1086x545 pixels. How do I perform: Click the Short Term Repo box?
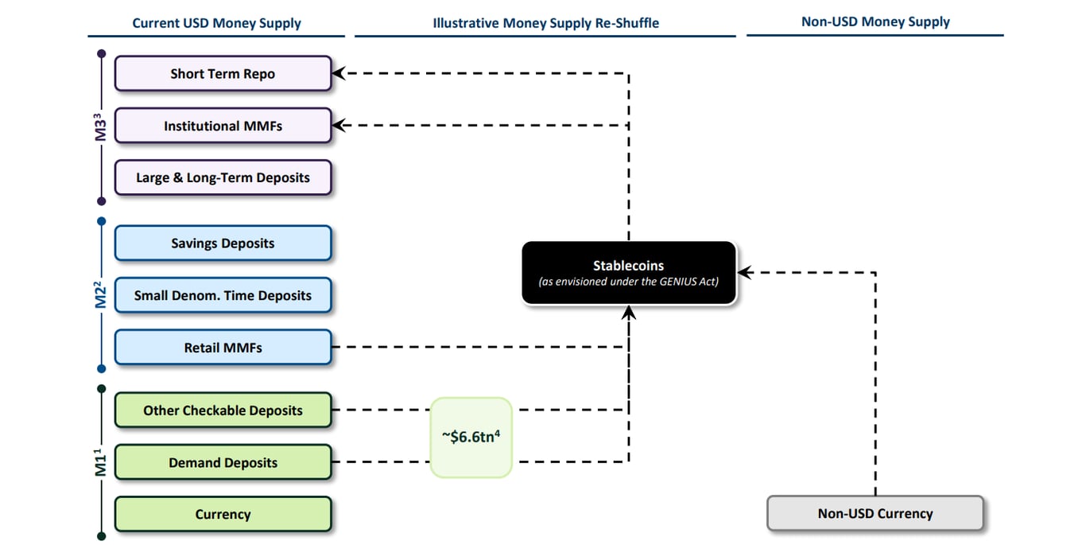tap(223, 74)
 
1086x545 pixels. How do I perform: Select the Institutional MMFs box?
tap(223, 126)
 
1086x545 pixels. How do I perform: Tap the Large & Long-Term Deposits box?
tap(223, 177)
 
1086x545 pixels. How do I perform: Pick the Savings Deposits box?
tap(223, 243)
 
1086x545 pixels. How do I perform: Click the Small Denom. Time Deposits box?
tap(223, 295)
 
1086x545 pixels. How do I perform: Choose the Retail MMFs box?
tap(223, 347)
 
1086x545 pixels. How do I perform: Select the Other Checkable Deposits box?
tap(223, 411)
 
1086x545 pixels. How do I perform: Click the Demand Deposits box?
tap(223, 462)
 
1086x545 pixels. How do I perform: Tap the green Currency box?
tap(223, 514)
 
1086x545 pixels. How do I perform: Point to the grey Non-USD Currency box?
tap(875, 513)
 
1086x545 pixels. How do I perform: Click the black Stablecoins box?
tap(628, 273)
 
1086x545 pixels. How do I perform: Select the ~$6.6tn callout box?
tap(471, 437)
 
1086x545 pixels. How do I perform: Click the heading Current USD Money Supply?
tap(216, 23)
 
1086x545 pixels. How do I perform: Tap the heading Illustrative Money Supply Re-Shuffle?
tap(545, 23)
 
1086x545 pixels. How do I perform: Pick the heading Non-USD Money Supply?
tap(875, 22)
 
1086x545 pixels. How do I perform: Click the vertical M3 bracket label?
tap(101, 127)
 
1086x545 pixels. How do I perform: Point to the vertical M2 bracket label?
tap(101, 295)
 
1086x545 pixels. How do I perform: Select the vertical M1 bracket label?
tap(101, 462)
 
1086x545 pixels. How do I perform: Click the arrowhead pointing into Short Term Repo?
tap(339, 74)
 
